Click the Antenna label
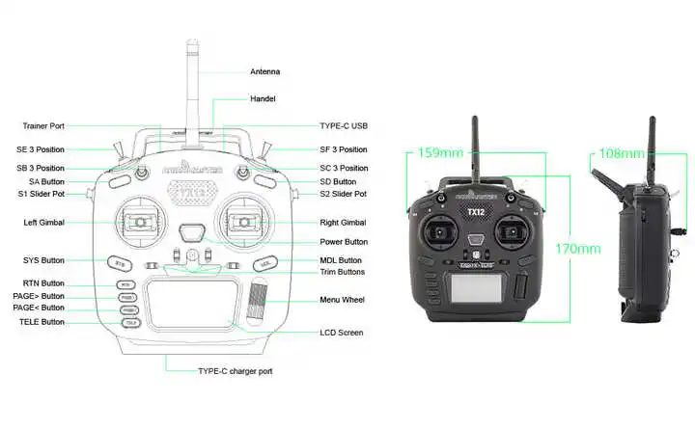click(x=265, y=71)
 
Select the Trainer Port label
click(x=43, y=126)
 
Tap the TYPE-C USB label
click(x=344, y=126)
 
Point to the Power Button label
click(x=343, y=242)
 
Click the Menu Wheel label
click(x=343, y=300)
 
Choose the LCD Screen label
click(x=342, y=333)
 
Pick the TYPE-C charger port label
click(x=236, y=371)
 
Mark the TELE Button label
click(x=41, y=322)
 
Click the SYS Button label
click(x=43, y=260)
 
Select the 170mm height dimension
click(x=577, y=249)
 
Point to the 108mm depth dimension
click(x=622, y=153)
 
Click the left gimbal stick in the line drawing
click(x=141, y=223)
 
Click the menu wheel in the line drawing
click(x=258, y=298)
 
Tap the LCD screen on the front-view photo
click(x=475, y=284)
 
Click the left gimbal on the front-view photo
click(x=439, y=233)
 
